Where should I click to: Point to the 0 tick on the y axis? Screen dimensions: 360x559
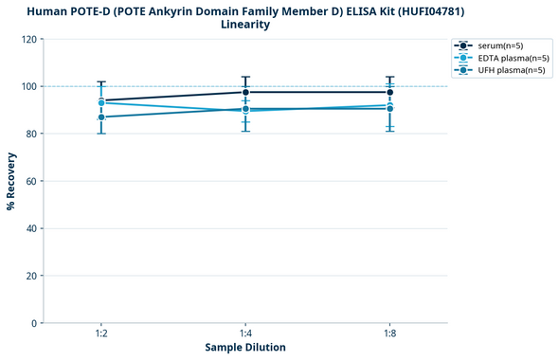(34, 323)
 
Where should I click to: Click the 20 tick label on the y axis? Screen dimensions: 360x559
(31, 276)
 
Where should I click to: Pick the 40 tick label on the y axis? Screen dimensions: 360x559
(31, 228)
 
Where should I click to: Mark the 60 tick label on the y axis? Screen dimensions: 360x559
(31, 181)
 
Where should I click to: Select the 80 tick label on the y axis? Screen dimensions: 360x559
(31, 134)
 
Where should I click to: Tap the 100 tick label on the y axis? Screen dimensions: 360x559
(28, 86)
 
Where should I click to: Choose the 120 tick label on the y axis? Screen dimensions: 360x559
(28, 39)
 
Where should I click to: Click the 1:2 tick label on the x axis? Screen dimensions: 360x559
(100, 334)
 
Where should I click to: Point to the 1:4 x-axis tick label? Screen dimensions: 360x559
(245, 334)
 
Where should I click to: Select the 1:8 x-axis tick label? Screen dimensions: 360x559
(389, 334)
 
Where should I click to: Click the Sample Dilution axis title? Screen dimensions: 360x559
(245, 348)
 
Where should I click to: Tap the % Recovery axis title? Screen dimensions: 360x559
(11, 181)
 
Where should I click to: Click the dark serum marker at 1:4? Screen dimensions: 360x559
(245, 92)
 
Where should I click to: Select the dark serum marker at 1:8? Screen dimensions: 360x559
(389, 92)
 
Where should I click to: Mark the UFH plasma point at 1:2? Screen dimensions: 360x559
(100, 117)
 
